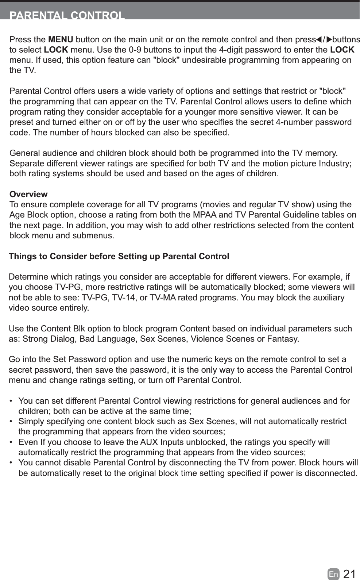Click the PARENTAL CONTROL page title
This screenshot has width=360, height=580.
click(x=67, y=16)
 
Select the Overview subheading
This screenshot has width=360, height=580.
click(x=28, y=194)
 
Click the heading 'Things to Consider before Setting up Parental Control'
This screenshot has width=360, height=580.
click(x=119, y=256)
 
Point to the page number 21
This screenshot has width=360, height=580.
click(x=349, y=574)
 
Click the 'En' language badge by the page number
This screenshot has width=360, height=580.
click(x=333, y=574)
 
